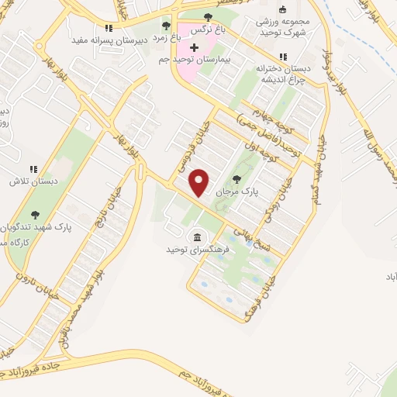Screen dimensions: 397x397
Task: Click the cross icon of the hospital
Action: pyautogui.click(x=194, y=48)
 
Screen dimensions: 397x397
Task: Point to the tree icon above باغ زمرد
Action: pyautogui.click(x=166, y=26)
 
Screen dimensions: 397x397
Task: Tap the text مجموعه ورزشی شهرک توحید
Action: pyautogui.click(x=282, y=26)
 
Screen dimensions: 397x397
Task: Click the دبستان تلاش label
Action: pyautogui.click(x=27, y=181)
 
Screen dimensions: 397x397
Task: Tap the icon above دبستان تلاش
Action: pyautogui.click(x=33, y=168)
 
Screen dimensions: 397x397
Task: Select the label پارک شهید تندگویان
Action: pyautogui.click(x=36, y=227)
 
